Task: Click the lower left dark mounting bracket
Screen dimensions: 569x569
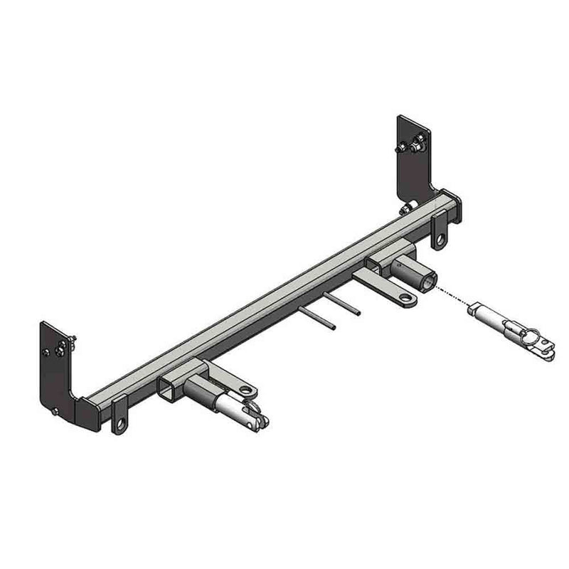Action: click(x=60, y=370)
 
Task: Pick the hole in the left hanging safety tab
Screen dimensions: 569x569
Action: click(x=122, y=424)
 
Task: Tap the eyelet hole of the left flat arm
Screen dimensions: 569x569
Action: click(x=247, y=390)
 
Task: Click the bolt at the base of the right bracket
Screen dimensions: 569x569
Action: click(x=406, y=208)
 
